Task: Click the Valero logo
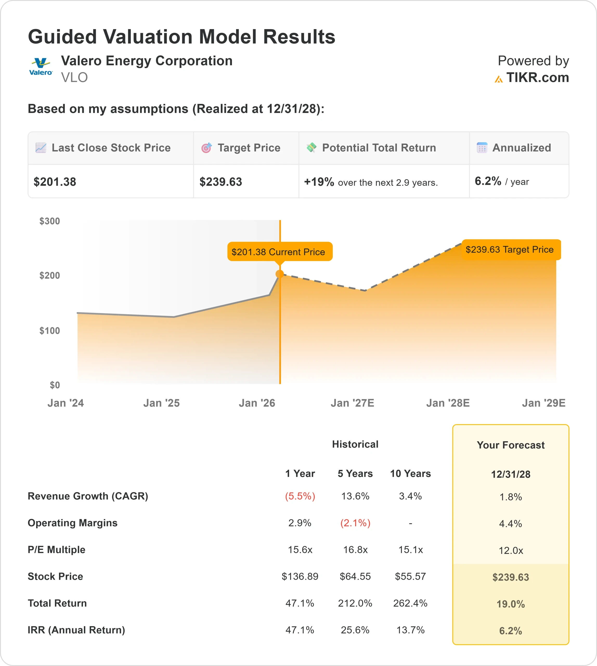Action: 41,67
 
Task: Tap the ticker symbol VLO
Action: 74,78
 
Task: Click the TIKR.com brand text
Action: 537,78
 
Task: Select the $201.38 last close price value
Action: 55,182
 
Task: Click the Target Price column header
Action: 249,148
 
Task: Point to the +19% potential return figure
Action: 319,182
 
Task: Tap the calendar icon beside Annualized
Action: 482,148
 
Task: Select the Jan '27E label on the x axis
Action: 352,403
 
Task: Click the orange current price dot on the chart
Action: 280,274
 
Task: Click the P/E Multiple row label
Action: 56,549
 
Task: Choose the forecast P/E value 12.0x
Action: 510,550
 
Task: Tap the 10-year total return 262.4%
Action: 410,603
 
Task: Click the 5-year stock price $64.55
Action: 355,577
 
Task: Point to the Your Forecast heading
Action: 510,445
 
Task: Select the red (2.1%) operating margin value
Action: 355,523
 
